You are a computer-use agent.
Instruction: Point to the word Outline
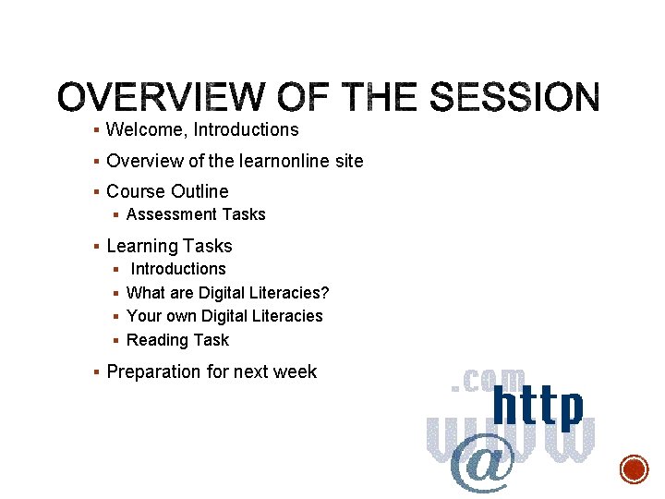pos(199,191)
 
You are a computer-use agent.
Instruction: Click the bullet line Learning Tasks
pos(169,246)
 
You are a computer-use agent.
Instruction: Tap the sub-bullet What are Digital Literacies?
pos(227,293)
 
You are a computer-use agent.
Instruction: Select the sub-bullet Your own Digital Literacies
pos(224,316)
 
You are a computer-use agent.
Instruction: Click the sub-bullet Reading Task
pos(177,340)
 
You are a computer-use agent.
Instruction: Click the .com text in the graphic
pos(488,380)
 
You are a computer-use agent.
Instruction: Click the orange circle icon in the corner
pos(634,469)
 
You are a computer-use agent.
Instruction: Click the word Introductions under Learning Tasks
pos(178,269)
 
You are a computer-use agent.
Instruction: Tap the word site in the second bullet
pos(348,161)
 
